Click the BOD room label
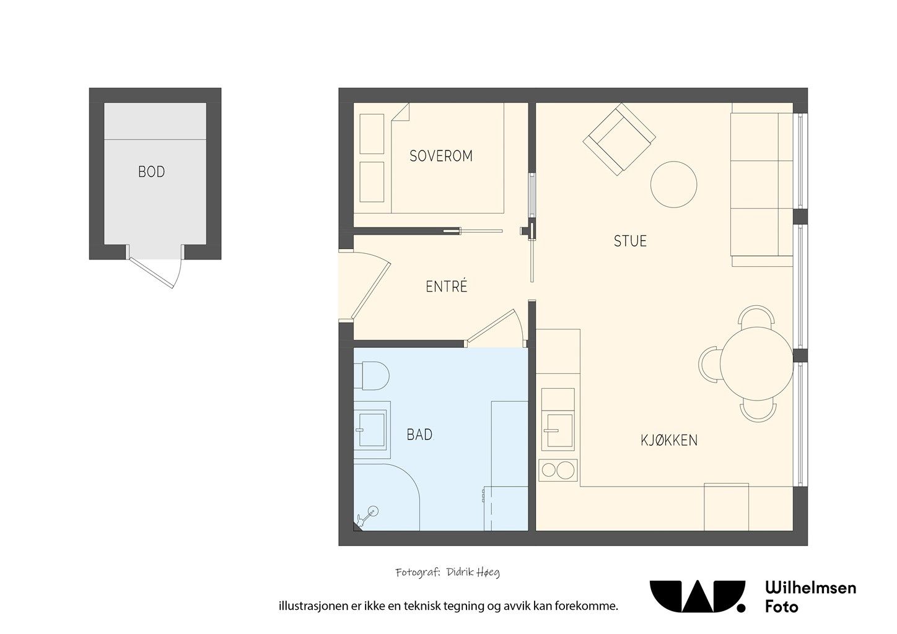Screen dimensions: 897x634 point(151,172)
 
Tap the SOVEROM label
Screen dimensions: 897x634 point(441,155)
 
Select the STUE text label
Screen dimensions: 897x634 point(630,241)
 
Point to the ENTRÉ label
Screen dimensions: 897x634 point(447,286)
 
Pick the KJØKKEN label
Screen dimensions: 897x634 point(669,440)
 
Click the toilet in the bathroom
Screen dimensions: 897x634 point(371,376)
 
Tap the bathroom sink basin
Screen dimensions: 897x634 point(372,430)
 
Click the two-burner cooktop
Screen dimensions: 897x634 point(558,471)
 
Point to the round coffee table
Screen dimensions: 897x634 point(673,185)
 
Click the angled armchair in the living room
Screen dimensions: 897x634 point(619,139)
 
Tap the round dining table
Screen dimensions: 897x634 point(756,364)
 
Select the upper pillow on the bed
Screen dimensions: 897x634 point(372,134)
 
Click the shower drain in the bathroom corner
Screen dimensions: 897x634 point(373,511)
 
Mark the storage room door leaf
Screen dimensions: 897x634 point(151,272)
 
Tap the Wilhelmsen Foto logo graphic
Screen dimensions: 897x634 point(697,596)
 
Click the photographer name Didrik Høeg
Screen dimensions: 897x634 point(473,572)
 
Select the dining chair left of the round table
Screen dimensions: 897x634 point(709,364)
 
